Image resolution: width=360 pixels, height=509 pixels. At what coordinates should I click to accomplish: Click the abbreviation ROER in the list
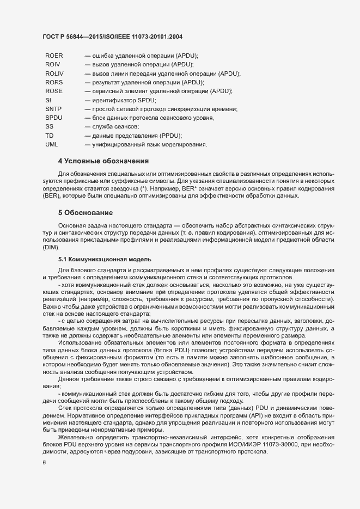54,56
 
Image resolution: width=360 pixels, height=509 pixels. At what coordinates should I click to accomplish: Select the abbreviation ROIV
53,65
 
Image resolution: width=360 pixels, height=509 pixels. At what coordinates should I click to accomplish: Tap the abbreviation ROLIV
54,73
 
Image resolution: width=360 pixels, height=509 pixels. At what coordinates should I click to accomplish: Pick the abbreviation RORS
54,82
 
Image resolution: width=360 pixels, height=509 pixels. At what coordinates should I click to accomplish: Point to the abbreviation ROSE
54,91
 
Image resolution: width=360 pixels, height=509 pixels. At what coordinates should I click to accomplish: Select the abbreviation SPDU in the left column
54,118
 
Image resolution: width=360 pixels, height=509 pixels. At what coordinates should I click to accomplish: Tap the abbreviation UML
52,144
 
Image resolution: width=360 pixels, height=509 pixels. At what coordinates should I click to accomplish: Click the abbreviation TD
50,135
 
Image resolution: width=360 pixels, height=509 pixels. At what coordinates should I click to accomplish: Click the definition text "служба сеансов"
112,126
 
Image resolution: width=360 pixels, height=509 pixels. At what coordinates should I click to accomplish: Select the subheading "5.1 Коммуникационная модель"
101,259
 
